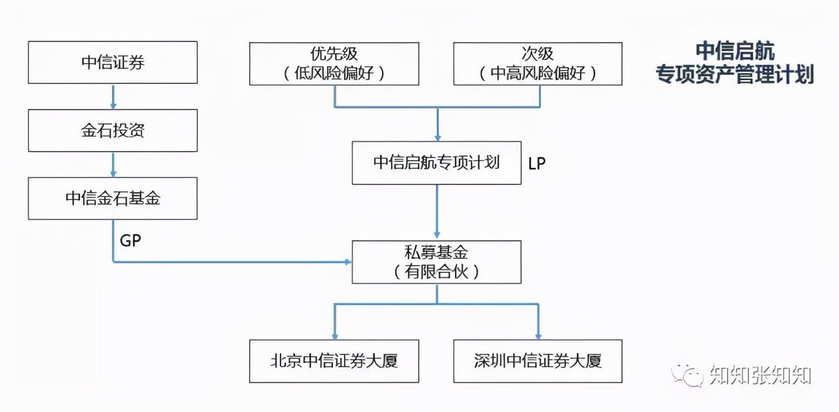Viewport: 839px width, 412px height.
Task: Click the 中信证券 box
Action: click(x=113, y=63)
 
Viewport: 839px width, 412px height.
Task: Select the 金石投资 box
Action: click(x=113, y=131)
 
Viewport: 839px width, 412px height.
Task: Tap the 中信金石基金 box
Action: click(x=113, y=198)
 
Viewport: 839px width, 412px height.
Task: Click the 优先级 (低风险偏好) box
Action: click(x=334, y=64)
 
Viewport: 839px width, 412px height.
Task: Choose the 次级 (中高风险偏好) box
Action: click(x=537, y=64)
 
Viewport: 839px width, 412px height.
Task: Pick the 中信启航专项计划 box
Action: click(x=437, y=163)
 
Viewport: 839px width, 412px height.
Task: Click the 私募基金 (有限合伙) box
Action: click(x=437, y=262)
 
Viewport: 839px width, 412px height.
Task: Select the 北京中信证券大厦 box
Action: click(x=334, y=361)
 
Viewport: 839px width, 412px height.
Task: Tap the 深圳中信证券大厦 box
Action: click(x=537, y=361)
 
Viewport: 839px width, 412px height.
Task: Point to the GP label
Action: click(x=130, y=241)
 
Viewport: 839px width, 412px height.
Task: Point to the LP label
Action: click(x=537, y=163)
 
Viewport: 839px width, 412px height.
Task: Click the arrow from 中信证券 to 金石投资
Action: click(x=113, y=96)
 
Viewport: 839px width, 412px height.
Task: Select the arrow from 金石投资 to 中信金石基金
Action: click(x=113, y=164)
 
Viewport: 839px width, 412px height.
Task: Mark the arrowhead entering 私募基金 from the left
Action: click(x=347, y=262)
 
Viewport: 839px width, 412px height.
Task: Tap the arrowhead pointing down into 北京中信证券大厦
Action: click(x=334, y=335)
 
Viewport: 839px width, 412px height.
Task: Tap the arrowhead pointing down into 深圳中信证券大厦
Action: click(x=538, y=335)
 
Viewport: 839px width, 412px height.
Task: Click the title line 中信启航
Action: click(x=735, y=51)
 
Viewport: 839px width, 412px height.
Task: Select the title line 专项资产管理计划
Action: click(x=735, y=74)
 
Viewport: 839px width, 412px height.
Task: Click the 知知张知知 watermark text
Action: click(x=760, y=376)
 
